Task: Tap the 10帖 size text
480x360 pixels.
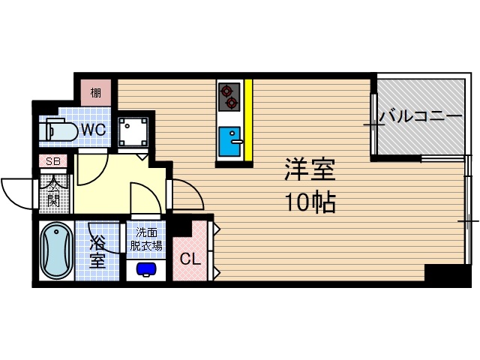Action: [308, 201]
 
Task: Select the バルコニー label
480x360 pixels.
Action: [420, 117]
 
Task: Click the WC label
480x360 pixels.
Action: [94, 130]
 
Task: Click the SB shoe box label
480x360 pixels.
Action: [53, 161]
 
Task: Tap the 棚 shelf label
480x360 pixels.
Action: [96, 93]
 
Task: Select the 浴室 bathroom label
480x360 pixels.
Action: [98, 252]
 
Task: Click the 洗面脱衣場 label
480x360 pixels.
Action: [146, 238]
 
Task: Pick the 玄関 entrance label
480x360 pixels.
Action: [54, 192]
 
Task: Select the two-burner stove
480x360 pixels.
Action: [228, 96]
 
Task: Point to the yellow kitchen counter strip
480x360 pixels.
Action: [248, 120]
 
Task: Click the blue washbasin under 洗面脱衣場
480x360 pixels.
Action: [146, 268]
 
